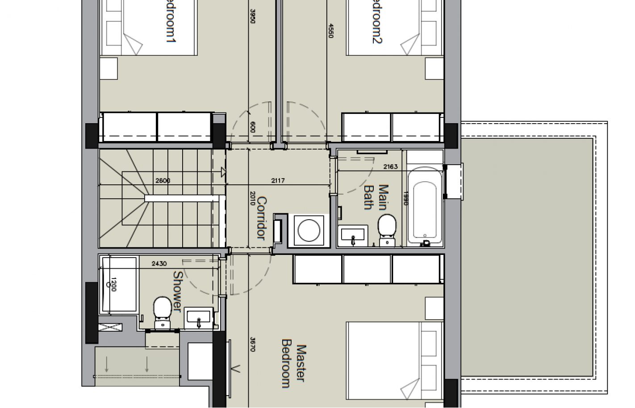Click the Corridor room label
(x=262, y=218)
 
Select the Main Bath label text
(x=376, y=197)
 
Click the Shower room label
(x=177, y=291)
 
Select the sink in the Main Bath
(x=353, y=235)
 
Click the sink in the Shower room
(x=199, y=319)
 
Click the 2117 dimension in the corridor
(x=278, y=181)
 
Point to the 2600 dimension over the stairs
(x=163, y=181)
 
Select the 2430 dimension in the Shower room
(x=159, y=263)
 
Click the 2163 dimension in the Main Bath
(x=390, y=167)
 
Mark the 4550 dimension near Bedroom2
(x=330, y=30)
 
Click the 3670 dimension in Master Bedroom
(x=252, y=344)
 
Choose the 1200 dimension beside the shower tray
(x=113, y=284)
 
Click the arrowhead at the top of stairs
(x=223, y=172)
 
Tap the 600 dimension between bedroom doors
(x=253, y=127)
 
